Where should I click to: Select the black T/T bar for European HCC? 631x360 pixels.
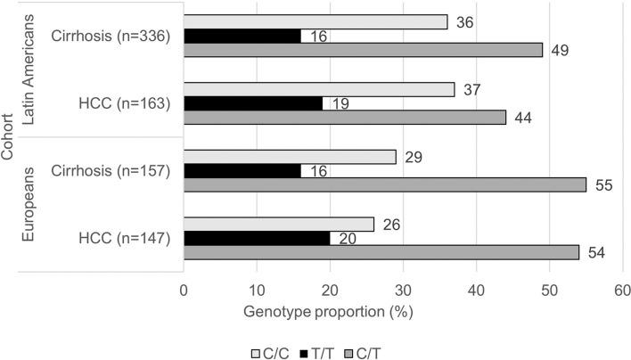point(257,238)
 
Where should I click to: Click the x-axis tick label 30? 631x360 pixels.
point(403,290)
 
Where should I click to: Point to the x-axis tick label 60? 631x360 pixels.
point(622,290)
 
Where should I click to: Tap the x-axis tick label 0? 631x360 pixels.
point(184,290)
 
